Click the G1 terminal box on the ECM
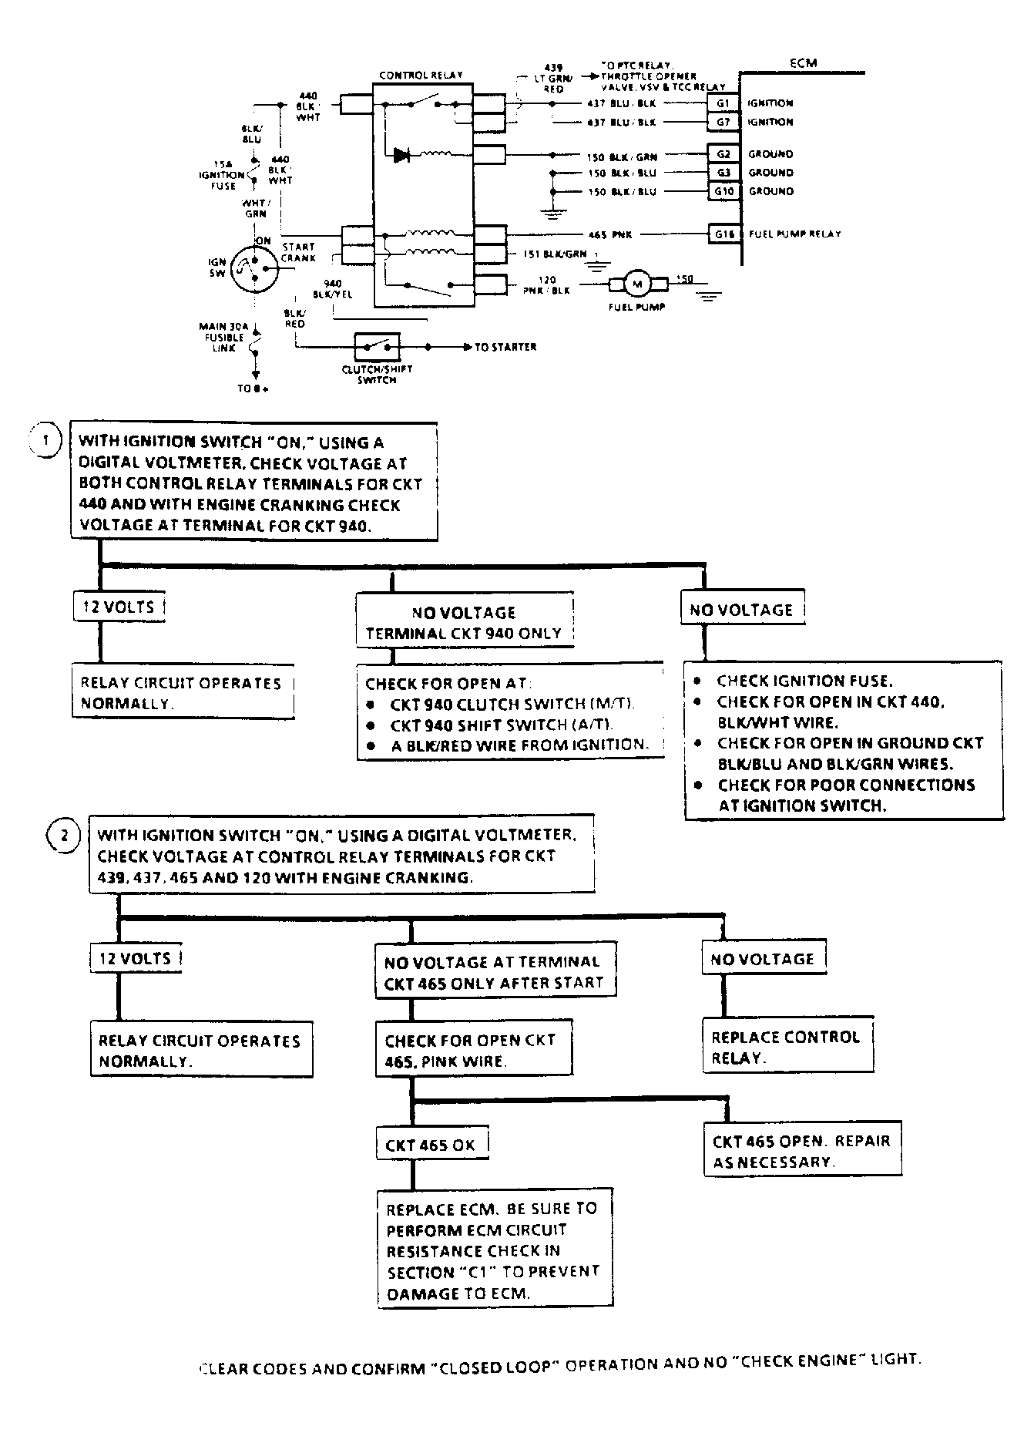pos(723,103)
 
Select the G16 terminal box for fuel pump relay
pos(723,234)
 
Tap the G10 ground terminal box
pos(723,191)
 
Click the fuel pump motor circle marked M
pos(636,284)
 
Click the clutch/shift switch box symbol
pos(377,348)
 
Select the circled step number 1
pos(45,442)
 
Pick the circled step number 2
pos(63,836)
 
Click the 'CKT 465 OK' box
pos(431,1145)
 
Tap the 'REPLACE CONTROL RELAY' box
pos(787,1047)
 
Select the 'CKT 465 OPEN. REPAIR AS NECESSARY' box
pos(801,1151)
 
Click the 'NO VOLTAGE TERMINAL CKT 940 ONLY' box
pos(464,623)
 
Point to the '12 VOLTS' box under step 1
pos(119,607)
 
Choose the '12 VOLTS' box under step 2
pos(136,958)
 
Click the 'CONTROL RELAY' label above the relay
pos(421,76)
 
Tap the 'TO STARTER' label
pos(505,348)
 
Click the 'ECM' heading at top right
pos(803,63)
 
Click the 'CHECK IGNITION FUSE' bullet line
pos(804,681)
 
